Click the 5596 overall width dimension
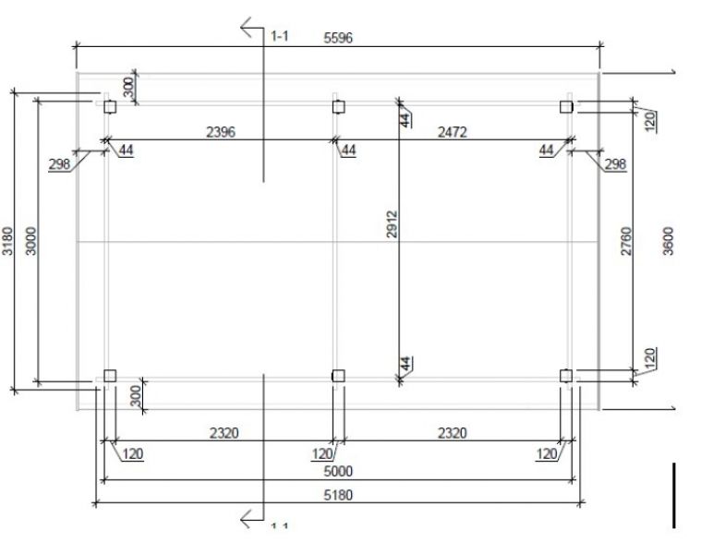(338, 38)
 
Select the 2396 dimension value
(220, 132)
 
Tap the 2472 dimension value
(452, 132)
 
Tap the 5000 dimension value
(338, 471)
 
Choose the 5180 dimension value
(338, 495)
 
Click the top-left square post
(110, 107)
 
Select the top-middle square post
(338, 107)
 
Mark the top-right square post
(566, 107)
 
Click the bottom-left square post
(110, 375)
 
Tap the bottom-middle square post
(338, 375)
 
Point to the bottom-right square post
(566, 375)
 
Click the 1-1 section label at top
(280, 36)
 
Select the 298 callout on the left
(60, 164)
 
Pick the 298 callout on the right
(614, 164)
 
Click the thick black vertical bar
(674, 495)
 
